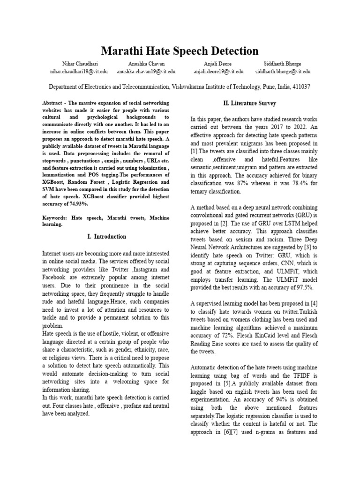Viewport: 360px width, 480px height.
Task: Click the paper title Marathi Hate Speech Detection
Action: [180, 51]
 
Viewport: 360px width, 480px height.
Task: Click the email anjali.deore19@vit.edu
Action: [218, 72]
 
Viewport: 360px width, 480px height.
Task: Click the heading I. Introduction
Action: [107, 237]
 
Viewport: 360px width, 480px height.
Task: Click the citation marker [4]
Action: [313, 303]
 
